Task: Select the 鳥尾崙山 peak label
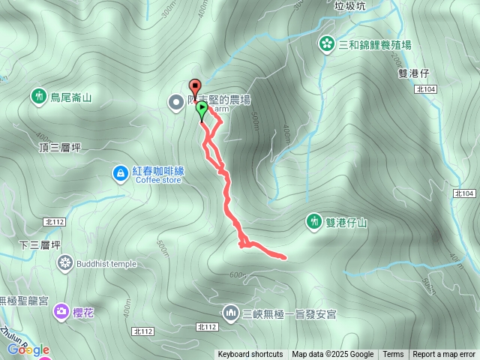click(x=70, y=97)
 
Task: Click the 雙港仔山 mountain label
click(x=346, y=222)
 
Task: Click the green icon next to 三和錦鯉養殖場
click(x=327, y=44)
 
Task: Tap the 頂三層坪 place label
click(x=59, y=147)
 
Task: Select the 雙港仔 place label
click(x=413, y=73)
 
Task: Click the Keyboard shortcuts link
click(x=250, y=355)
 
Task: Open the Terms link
click(x=393, y=355)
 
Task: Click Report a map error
click(x=444, y=355)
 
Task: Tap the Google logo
click(x=28, y=349)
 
